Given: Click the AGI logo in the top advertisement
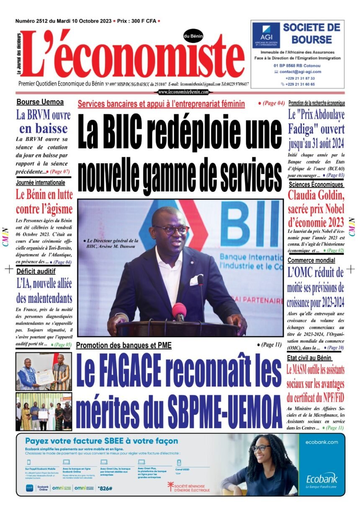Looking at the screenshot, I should coord(266,34).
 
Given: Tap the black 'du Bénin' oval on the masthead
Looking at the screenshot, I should coord(193,36).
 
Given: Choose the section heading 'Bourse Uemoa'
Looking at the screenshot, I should coord(40,102).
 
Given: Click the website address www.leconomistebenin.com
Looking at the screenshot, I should coord(183,92).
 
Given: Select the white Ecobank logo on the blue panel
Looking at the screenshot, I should coord(321,479).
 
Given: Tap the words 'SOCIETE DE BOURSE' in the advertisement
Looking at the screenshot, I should coord(311,34).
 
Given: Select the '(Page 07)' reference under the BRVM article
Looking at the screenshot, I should coord(58,172).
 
